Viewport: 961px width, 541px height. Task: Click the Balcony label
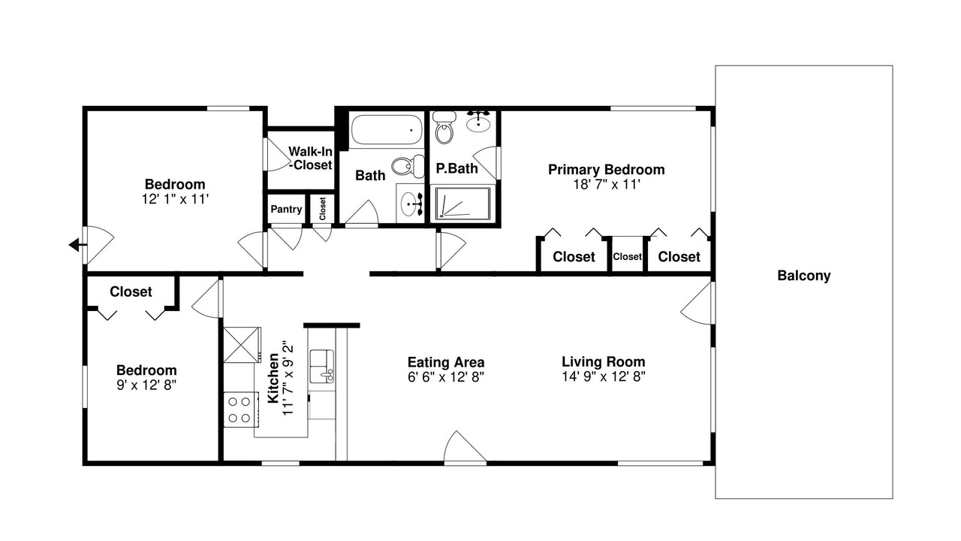click(803, 276)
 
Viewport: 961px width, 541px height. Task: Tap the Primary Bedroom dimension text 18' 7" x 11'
click(607, 185)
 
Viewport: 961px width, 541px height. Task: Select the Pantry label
click(286, 209)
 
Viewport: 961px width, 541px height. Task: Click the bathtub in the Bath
click(386, 129)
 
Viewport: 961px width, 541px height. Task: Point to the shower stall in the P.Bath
click(462, 204)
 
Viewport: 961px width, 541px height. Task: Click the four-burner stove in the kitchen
click(241, 410)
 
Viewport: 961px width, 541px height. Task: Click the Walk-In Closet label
click(310, 158)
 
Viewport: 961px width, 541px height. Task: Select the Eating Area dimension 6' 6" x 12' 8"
click(446, 377)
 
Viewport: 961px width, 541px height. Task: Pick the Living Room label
click(603, 361)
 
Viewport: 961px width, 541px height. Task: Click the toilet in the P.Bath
click(444, 127)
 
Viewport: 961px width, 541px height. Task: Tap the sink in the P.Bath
click(479, 122)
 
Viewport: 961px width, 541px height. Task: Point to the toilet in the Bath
click(407, 166)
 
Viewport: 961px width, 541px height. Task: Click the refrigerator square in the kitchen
click(242, 345)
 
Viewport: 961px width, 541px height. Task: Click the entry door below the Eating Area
click(465, 448)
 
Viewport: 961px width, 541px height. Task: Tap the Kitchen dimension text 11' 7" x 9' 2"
click(288, 378)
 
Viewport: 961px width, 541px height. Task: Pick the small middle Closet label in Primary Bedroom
click(627, 257)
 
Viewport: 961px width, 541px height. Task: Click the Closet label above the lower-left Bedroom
click(131, 292)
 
